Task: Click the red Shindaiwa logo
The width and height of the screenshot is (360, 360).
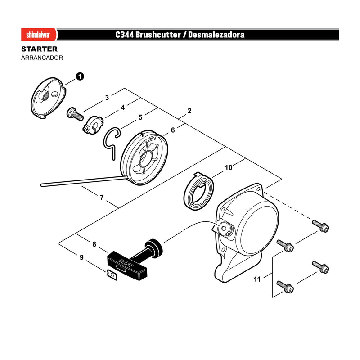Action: [x=39, y=35]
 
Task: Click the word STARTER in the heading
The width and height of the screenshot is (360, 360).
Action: [x=39, y=49]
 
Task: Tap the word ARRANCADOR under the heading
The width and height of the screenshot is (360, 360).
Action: [x=42, y=58]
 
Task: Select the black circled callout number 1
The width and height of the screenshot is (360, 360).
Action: [x=80, y=76]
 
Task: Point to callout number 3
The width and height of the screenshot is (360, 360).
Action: [x=107, y=98]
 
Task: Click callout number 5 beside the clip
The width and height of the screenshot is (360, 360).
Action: [x=140, y=117]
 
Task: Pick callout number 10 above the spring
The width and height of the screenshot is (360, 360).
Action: [x=229, y=167]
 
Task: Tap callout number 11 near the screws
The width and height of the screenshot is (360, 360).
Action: [x=257, y=279]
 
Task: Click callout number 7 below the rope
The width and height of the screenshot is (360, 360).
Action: [x=102, y=198]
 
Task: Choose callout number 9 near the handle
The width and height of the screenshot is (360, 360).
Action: [x=81, y=257]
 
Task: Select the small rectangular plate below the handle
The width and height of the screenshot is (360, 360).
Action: [x=112, y=275]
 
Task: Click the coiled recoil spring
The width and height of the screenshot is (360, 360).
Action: [x=199, y=191]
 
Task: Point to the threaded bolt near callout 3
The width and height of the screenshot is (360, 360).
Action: [x=75, y=114]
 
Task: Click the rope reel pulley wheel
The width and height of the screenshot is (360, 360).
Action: [x=144, y=158]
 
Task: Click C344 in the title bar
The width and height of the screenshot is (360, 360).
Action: [x=125, y=35]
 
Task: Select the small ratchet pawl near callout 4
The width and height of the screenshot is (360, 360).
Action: [x=93, y=125]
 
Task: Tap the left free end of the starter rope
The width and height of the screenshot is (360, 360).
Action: [x=42, y=185]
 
